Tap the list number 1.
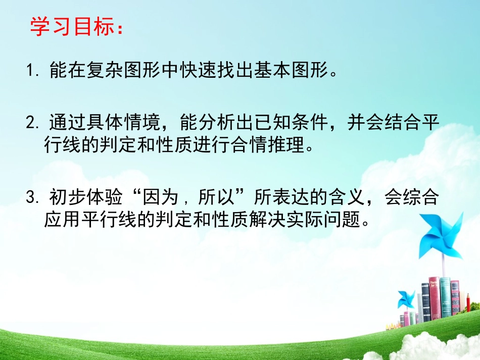31,71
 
